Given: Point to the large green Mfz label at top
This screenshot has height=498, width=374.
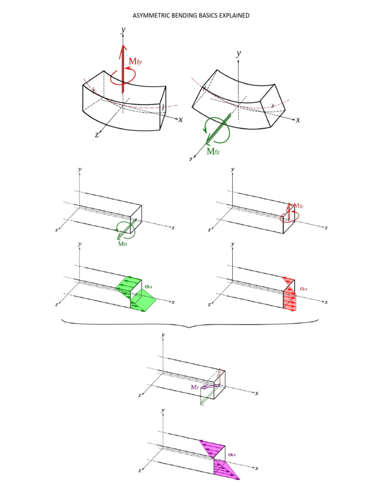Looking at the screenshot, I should (213, 151).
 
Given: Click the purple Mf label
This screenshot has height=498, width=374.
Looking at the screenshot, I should (195, 387).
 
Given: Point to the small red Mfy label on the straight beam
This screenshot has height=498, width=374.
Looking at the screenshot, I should (299, 206).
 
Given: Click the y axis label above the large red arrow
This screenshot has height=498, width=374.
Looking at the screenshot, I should (123, 30).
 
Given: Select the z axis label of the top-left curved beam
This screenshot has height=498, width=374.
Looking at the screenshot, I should (97, 135).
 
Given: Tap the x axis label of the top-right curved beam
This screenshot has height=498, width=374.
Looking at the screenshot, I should (298, 120).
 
